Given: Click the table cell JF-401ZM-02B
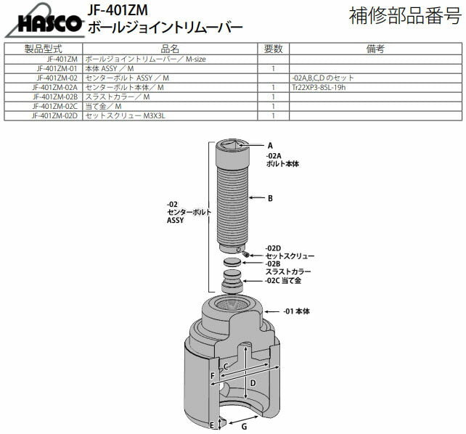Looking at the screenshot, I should pos(54,97).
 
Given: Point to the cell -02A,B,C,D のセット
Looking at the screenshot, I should pos(324,78).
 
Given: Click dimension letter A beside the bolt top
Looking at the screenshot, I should pos(269,145).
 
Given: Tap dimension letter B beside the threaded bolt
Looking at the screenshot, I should pos(269,197).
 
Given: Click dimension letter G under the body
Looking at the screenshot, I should pos(244,427).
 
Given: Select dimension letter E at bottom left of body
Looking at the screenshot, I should pos(212,425).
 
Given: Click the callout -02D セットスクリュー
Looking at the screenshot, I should pos(289,253).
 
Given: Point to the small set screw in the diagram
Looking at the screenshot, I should pos(246,253).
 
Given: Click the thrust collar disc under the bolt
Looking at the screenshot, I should pos(232,261).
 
